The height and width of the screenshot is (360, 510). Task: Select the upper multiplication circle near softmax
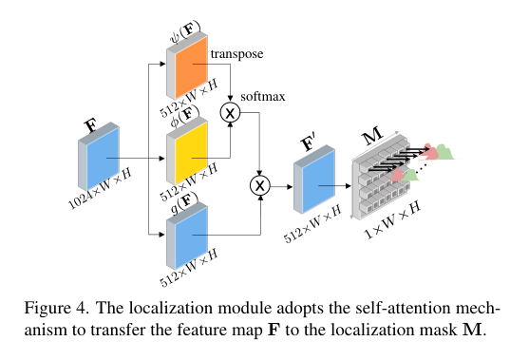click(229, 114)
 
